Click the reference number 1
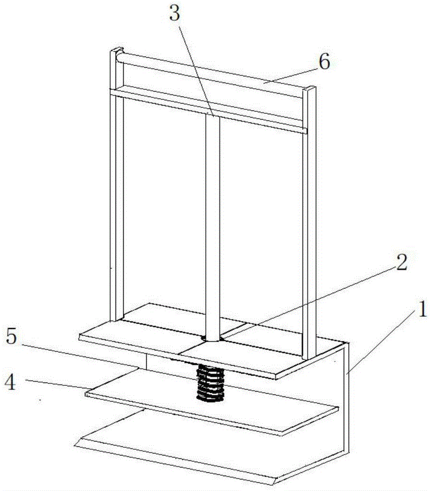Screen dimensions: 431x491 coord(422,309)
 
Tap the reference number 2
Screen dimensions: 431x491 coord(402,262)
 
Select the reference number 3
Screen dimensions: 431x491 coord(174,14)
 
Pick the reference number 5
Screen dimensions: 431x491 coord(11,337)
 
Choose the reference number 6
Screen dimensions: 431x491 coord(324,61)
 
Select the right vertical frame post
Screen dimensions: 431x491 coord(309,222)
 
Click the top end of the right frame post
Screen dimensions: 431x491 coord(310,88)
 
